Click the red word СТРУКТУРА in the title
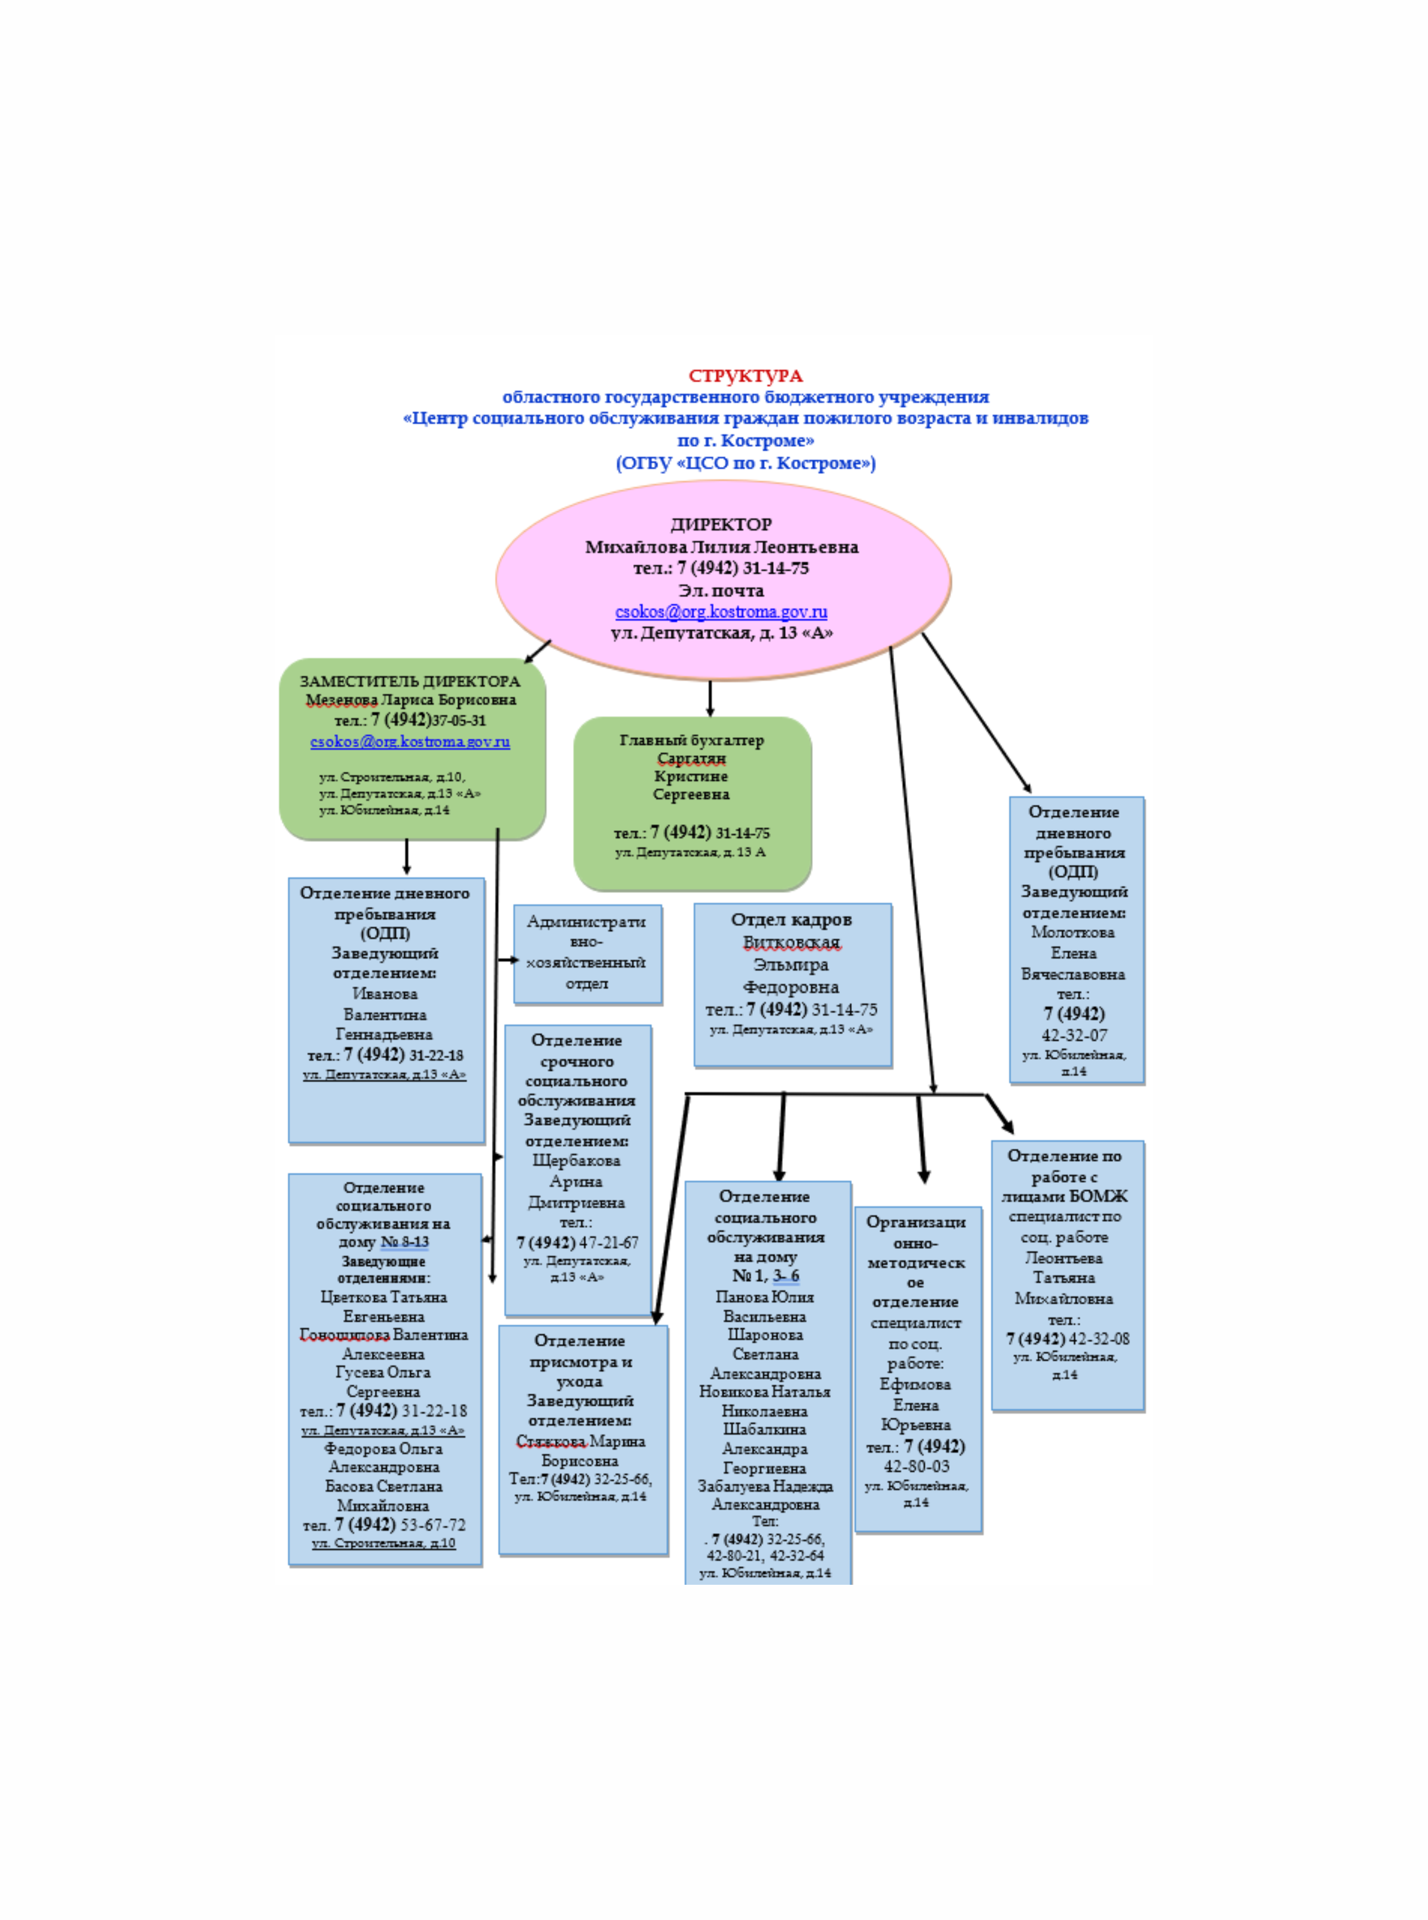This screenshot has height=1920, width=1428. coord(745,376)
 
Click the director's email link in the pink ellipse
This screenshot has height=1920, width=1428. coord(721,612)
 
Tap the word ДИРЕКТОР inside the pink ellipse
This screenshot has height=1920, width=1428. coord(721,524)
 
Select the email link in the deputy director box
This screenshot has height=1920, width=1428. coord(410,742)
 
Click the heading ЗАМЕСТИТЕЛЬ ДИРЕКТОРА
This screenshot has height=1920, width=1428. coord(410,681)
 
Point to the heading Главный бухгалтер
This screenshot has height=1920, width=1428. coord(691,740)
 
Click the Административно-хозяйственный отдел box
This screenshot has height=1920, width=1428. coord(587,953)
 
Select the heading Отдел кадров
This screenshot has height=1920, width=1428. coord(791,920)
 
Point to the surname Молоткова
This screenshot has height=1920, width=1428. coord(1073,932)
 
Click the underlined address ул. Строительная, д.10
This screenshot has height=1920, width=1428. coord(384,1543)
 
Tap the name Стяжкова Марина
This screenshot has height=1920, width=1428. coord(580,1441)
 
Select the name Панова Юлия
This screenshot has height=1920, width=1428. coord(764,1296)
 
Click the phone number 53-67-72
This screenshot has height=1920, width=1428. coord(432,1525)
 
